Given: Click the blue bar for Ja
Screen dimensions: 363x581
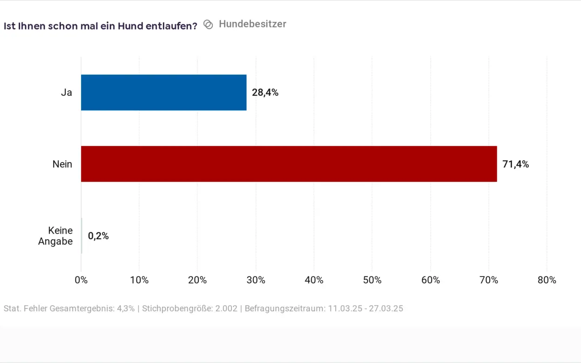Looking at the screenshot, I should coord(163,93).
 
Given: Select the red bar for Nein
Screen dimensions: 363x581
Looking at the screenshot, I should coord(289,164).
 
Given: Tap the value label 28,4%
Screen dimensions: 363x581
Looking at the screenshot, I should coord(265,93).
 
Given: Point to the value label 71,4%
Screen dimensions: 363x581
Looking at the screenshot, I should coord(515,164).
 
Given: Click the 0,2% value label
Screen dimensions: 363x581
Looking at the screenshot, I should coord(98,236).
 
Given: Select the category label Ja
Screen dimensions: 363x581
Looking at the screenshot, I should coord(67,93).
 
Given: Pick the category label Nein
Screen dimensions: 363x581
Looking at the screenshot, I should coord(62,164).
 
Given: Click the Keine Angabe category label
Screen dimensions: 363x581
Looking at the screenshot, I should coord(56,236).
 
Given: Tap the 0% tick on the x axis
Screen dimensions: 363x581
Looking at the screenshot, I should coord(81,280).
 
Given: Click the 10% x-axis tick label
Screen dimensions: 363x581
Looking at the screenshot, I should coord(139,280).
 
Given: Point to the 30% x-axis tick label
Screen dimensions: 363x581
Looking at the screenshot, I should coord(256,280).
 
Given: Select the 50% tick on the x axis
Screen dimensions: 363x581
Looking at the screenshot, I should coord(372,280).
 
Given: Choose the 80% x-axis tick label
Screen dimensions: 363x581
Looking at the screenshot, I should coord(547,280).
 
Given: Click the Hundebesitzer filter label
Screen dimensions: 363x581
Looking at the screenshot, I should coord(252,24).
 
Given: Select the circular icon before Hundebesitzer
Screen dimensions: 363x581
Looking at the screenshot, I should coord(209,25).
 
